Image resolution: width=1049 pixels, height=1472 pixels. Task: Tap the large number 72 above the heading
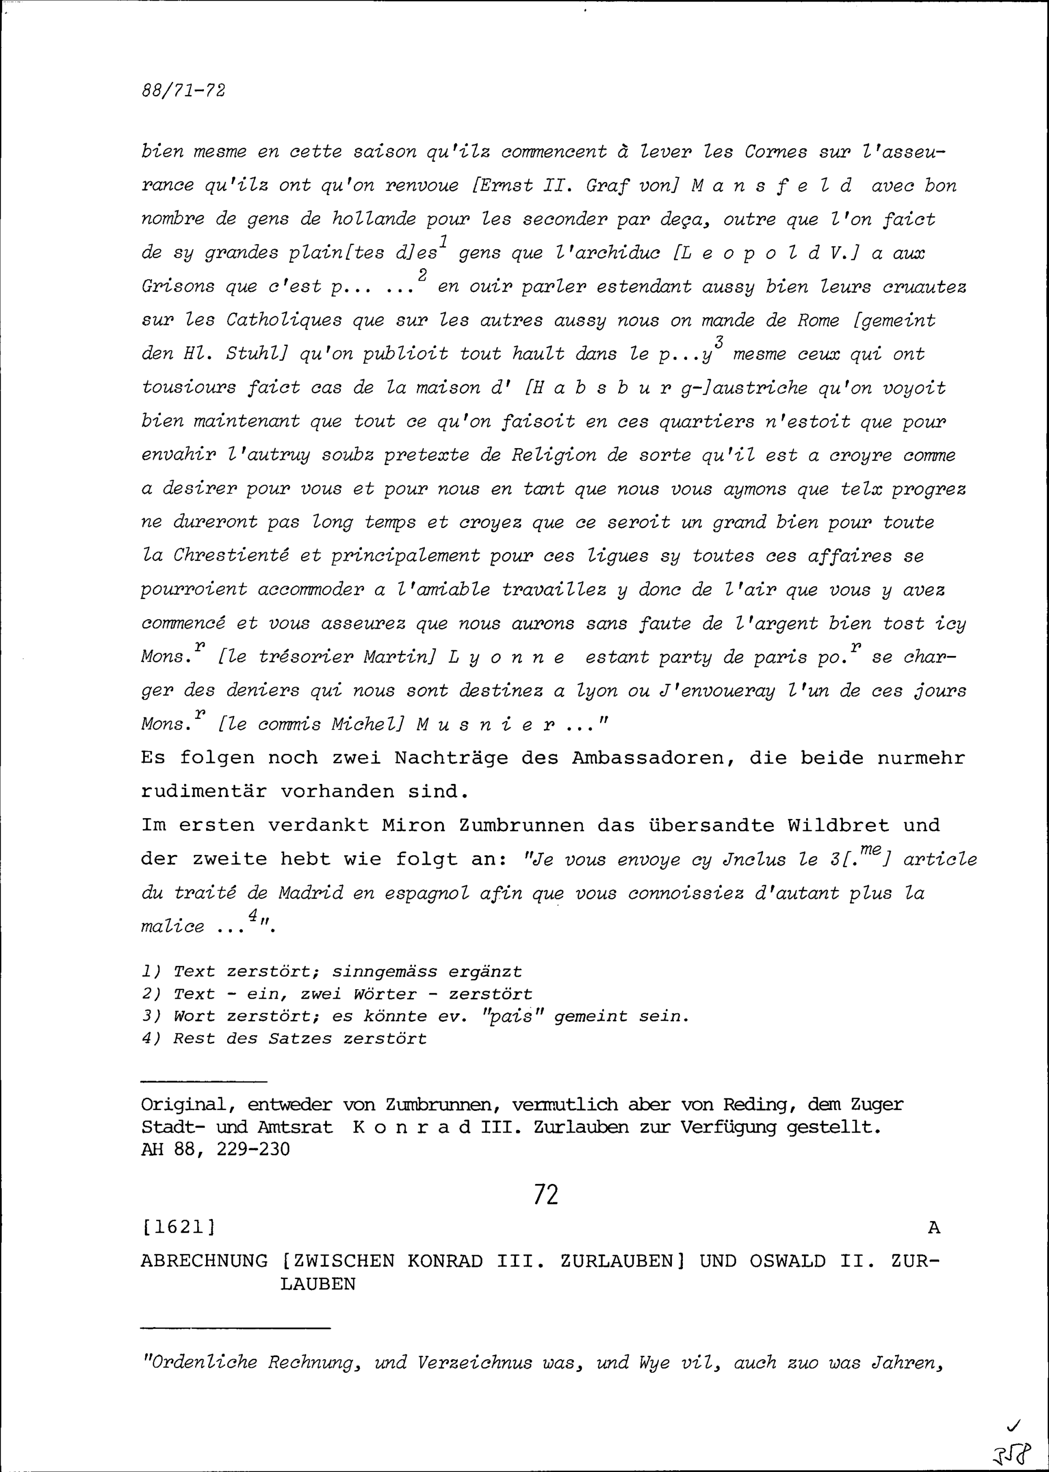click(546, 1195)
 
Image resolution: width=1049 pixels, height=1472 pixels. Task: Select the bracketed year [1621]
click(178, 1227)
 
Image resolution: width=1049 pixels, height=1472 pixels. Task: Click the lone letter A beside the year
click(934, 1227)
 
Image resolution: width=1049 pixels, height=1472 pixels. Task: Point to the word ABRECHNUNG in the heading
click(204, 1261)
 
